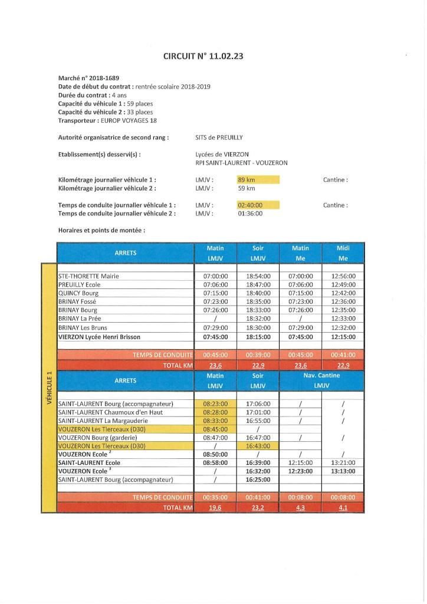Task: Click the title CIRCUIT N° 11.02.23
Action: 203,57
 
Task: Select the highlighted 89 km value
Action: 246,179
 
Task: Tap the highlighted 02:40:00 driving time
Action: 250,205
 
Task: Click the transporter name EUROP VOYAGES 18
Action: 128,120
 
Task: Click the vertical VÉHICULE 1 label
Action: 49,389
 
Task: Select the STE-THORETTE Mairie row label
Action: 88,275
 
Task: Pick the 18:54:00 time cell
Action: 258,275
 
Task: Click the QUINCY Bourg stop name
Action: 78,293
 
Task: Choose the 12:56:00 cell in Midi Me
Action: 343,275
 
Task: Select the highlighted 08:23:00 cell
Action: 215,403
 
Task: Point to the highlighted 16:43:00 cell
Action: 258,446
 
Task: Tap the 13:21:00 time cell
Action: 343,463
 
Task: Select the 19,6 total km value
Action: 215,507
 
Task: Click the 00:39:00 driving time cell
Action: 258,355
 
